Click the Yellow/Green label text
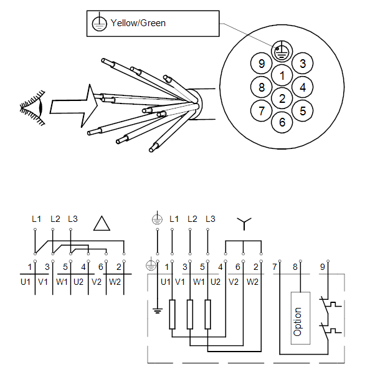138,23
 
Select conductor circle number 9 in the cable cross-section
261,64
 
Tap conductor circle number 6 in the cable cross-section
282,122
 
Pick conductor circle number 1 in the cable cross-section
282,75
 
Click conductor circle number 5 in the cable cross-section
303,111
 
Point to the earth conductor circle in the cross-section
282,51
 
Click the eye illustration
32,108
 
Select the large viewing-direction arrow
74,106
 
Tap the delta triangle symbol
102,224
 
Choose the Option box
300,318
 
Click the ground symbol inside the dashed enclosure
158,310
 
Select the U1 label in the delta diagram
26,282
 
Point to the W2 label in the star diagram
252,282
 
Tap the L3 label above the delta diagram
73,219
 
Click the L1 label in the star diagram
174,219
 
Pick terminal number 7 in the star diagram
275,267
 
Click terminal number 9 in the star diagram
323,267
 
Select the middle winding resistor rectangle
190,314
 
